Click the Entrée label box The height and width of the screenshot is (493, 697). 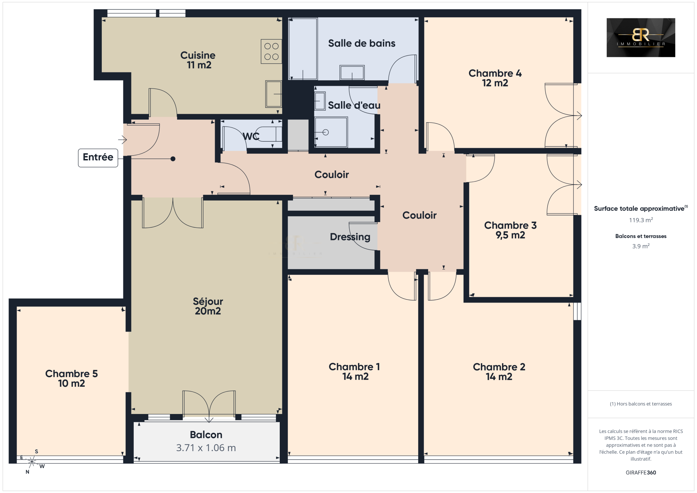[98, 158]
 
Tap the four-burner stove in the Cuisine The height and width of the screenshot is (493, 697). [272, 51]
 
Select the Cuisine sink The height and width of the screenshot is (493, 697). [274, 94]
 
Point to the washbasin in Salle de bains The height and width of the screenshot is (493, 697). [352, 73]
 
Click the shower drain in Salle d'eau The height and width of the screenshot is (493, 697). [326, 132]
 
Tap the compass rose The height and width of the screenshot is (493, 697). [32, 462]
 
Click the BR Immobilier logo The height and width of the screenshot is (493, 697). [641, 37]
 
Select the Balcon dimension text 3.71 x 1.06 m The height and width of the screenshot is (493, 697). [206, 448]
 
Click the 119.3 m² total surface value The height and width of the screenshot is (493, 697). [641, 220]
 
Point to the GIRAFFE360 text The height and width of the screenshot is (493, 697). [641, 473]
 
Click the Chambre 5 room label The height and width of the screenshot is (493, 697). [71, 378]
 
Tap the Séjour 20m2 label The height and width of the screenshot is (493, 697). [208, 306]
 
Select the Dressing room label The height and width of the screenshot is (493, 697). [350, 237]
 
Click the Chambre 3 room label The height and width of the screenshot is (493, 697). [510, 230]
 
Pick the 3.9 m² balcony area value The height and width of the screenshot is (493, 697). [641, 246]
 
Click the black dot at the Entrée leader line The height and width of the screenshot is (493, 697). [173, 159]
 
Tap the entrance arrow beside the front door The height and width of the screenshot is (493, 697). [123, 140]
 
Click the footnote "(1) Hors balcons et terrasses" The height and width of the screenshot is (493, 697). [641, 404]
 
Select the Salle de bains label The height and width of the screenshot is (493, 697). [362, 43]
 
